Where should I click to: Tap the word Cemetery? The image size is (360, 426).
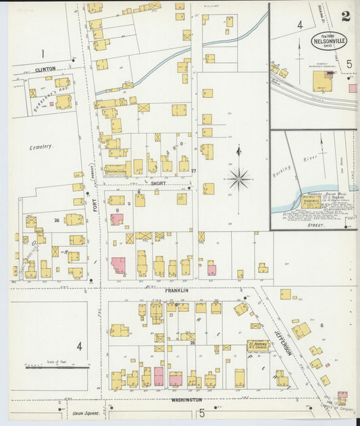(x=41, y=147)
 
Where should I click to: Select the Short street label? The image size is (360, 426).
(x=158, y=183)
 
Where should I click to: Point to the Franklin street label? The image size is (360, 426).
(x=176, y=290)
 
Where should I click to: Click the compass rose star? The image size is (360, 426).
(x=238, y=180)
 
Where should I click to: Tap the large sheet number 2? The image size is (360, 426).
(x=346, y=16)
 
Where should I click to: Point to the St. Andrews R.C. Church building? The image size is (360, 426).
(x=257, y=345)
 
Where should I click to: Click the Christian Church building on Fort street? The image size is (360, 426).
(x=115, y=170)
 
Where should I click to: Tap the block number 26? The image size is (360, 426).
(x=57, y=219)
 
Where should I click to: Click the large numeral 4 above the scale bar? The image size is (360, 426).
(x=79, y=346)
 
